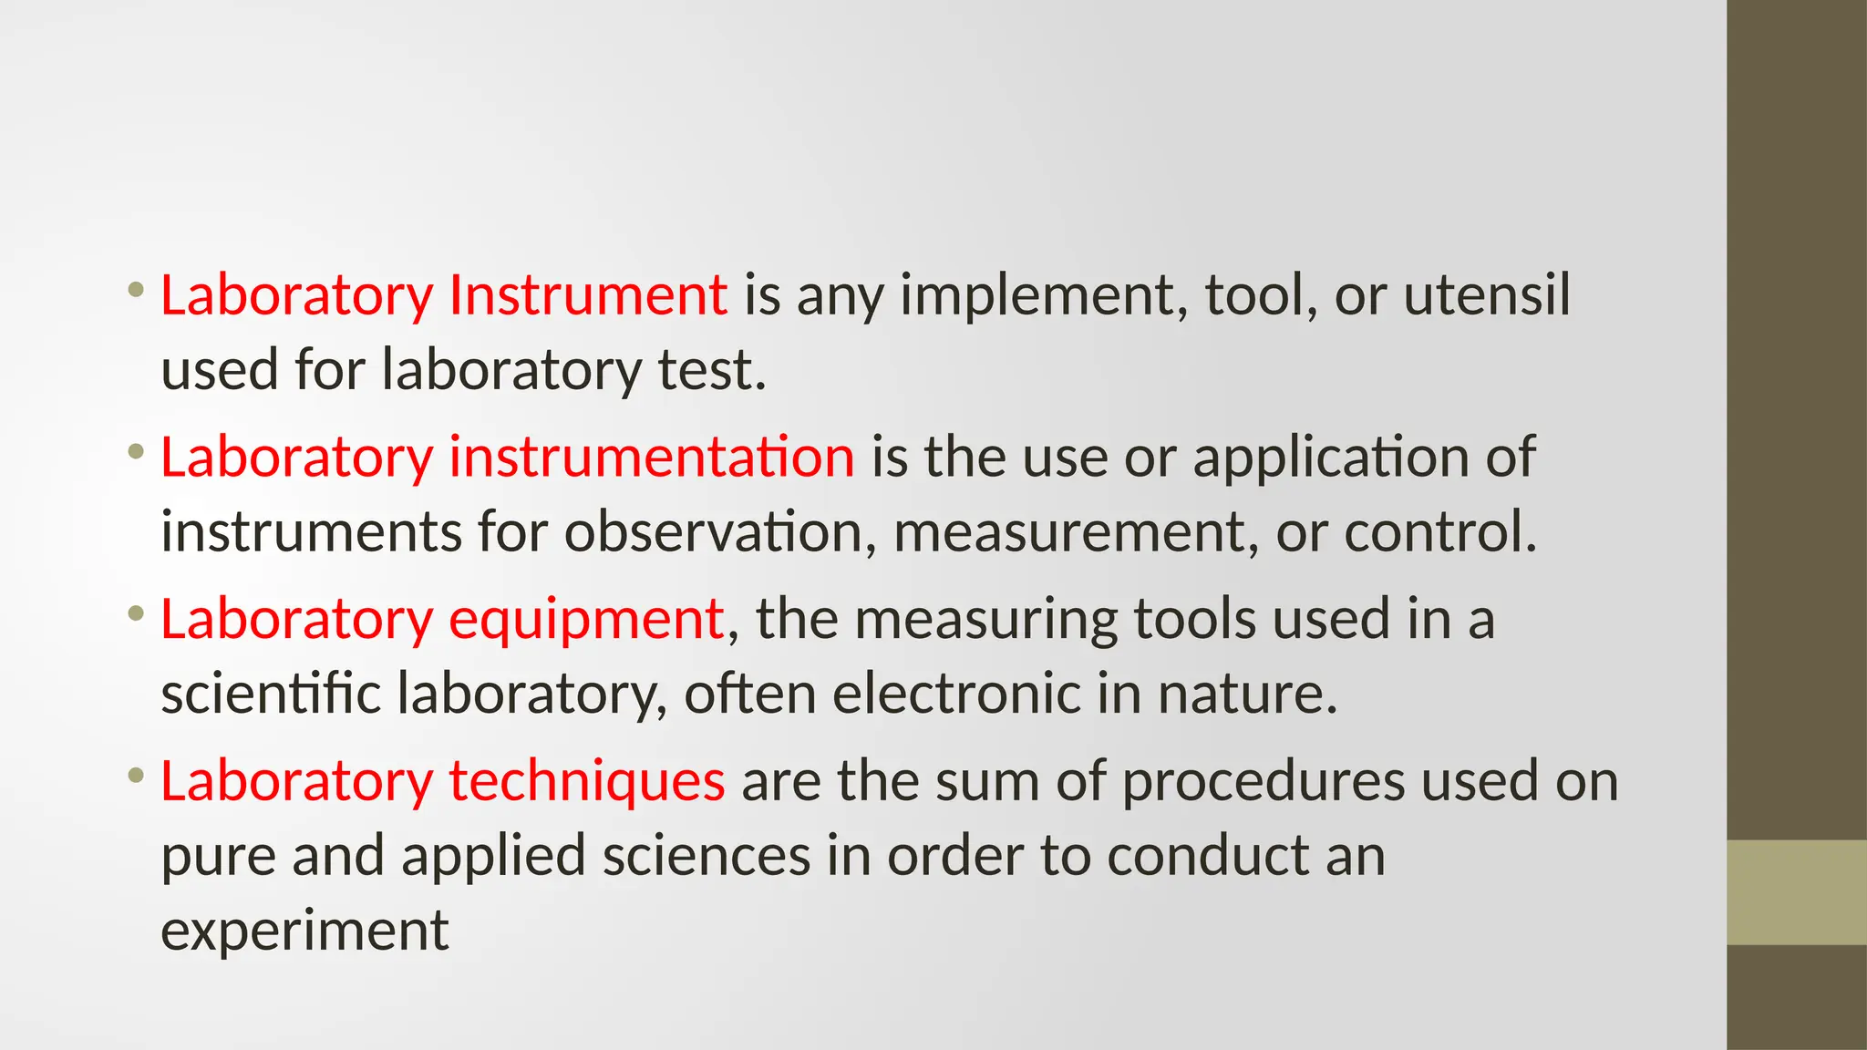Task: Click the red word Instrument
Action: click(x=588, y=295)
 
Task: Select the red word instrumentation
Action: click(x=651, y=457)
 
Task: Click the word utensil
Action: click(x=1487, y=295)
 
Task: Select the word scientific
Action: click(x=271, y=694)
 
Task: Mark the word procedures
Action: click(x=1263, y=783)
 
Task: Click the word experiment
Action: click(x=304, y=932)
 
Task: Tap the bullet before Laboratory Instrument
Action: click(x=137, y=291)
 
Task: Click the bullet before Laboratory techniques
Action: click(x=137, y=777)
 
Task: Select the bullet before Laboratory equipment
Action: click(x=137, y=614)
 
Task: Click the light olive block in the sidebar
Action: click(x=1796, y=892)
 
